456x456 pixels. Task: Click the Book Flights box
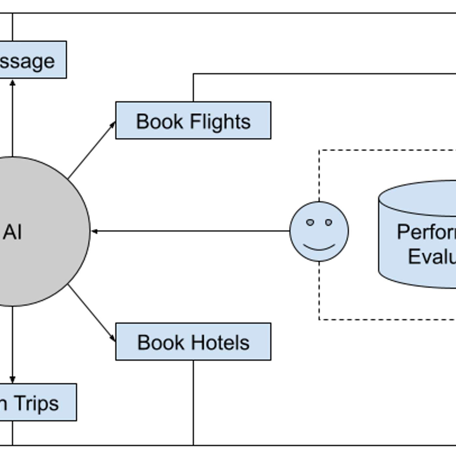[193, 121]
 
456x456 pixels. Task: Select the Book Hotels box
[193, 342]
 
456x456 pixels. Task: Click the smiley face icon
[319, 231]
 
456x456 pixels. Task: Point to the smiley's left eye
[310, 222]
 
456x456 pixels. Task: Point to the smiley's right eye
[329, 222]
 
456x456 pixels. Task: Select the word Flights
[220, 121]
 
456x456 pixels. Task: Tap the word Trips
[36, 403]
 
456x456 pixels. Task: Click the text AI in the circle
[12, 232]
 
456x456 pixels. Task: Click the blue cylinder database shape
[420, 235]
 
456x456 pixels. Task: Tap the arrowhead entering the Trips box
[12, 380]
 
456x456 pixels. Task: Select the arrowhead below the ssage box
[12, 83]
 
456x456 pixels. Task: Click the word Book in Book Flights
[160, 121]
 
